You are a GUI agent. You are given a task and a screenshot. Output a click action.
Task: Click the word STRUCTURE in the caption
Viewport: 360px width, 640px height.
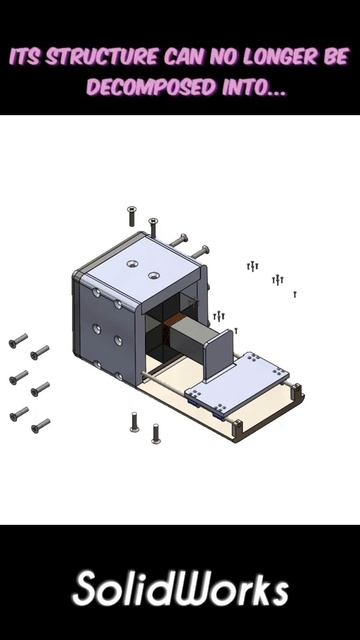click(101, 57)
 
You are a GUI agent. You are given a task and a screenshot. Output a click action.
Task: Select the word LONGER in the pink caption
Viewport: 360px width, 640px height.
click(280, 57)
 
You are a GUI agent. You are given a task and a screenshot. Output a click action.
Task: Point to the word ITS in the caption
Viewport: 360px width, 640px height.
click(25, 57)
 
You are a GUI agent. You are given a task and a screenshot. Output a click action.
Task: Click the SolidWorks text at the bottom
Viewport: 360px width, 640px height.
click(180, 589)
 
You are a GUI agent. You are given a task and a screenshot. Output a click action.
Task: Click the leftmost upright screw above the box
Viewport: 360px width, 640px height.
click(131, 216)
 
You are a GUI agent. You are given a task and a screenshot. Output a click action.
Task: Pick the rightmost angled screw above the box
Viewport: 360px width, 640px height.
click(199, 251)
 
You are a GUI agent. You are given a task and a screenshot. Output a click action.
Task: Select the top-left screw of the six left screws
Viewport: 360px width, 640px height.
click(18, 340)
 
